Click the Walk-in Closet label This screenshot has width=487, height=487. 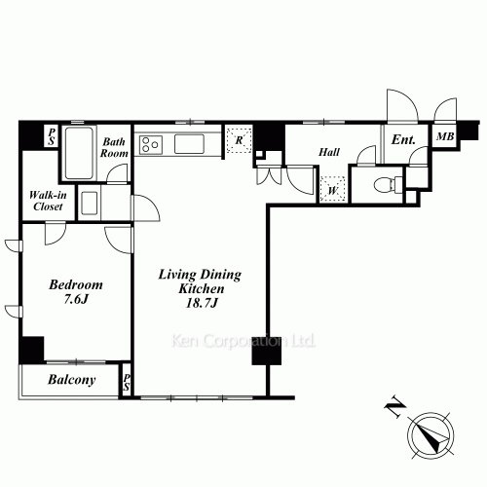48,201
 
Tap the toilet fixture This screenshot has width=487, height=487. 388,185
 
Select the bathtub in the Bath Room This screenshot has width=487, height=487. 79,153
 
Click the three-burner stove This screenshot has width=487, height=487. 151,145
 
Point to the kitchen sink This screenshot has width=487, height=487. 189,144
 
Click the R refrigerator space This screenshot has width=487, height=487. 240,140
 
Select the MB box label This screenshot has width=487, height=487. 445,136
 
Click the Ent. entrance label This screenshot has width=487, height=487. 403,140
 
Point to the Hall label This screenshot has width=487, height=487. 329,152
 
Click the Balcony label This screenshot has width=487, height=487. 72,380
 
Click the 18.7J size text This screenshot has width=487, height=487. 202,303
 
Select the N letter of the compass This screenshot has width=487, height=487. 395,406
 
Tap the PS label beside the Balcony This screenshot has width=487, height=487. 127,382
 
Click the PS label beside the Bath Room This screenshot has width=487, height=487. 52,136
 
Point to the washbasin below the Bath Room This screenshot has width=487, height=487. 90,204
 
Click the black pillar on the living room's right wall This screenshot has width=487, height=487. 267,350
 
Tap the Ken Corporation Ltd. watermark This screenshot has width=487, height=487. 243,341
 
